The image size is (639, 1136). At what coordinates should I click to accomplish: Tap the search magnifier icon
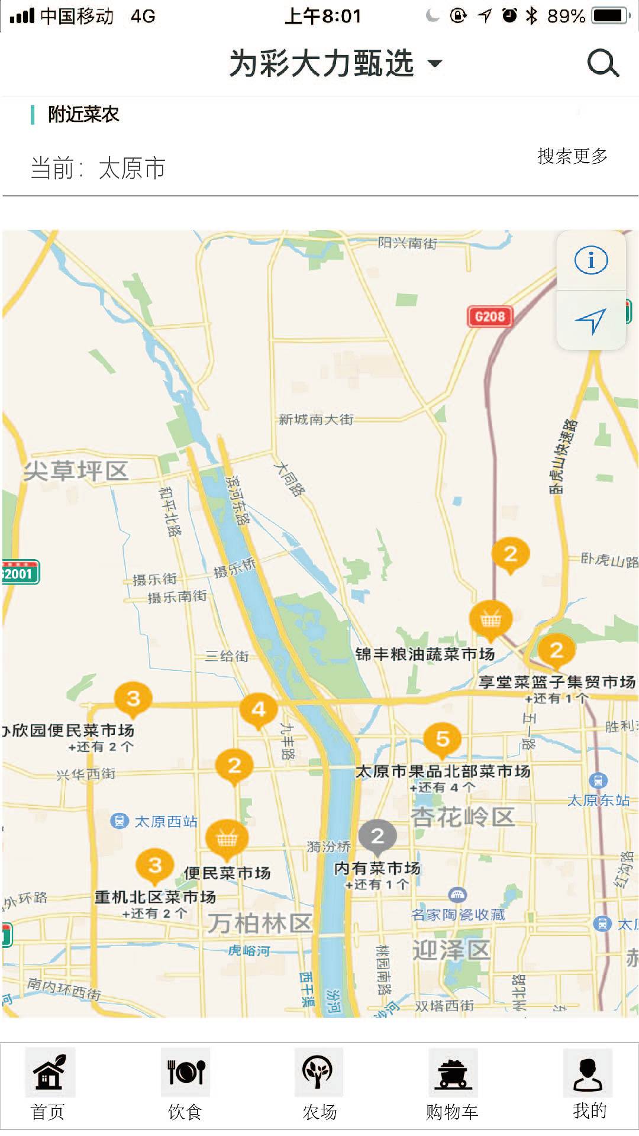coord(602,63)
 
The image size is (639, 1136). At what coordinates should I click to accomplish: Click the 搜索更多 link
coord(572,156)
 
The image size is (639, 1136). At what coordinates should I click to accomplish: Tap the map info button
coord(591,260)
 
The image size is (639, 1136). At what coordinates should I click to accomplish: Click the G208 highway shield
coord(489,317)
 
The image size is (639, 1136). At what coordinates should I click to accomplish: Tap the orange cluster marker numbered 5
coord(443,739)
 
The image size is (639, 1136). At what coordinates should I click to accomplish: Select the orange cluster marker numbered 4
coord(259,709)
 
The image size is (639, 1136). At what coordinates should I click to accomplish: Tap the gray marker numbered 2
coord(377,836)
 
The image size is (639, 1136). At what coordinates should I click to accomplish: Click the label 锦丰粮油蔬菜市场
coord(425,654)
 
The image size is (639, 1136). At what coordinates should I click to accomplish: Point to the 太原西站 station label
coord(166,821)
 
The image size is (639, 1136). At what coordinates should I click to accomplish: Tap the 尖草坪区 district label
coord(76,471)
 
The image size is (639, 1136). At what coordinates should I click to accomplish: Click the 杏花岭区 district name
coord(463,817)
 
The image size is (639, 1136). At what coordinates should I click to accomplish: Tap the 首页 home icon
coord(49,1072)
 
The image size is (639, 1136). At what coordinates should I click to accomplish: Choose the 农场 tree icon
coord(318,1072)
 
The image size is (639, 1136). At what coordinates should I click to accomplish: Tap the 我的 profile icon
coord(588,1072)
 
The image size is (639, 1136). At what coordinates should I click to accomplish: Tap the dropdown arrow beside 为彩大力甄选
coord(435,63)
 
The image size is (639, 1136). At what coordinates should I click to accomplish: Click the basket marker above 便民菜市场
coord(227,838)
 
